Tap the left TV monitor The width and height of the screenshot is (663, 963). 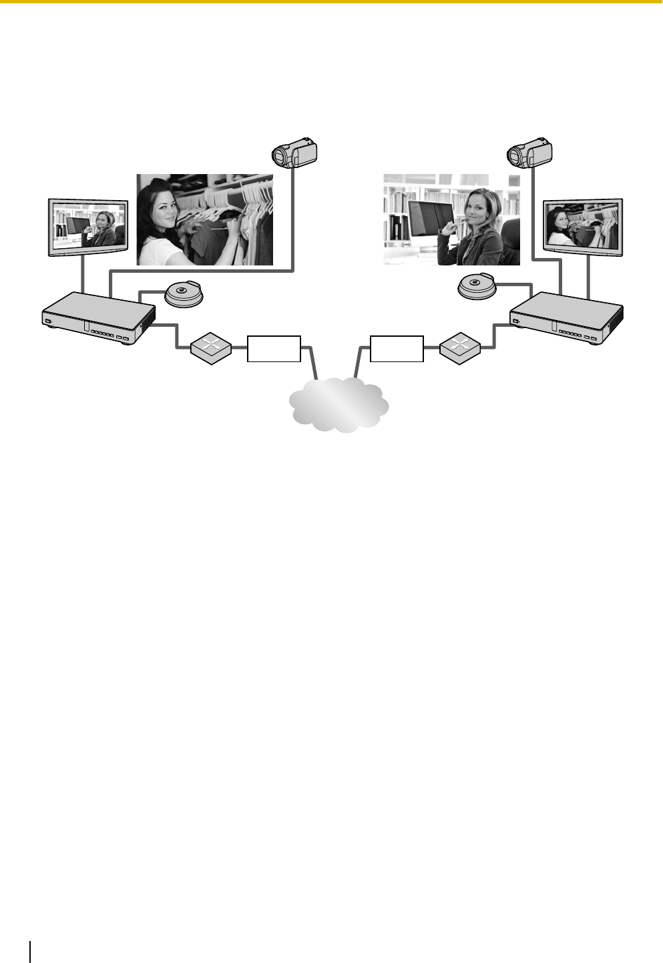pyautogui.click(x=87, y=227)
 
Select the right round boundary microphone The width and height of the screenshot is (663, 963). pyautogui.click(x=479, y=287)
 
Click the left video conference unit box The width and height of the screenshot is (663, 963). pyautogui.click(x=98, y=319)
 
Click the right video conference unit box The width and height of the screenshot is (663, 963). pyautogui.click(x=566, y=319)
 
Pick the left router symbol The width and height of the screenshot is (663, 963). pyautogui.click(x=211, y=347)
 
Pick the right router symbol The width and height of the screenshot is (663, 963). pyautogui.click(x=460, y=347)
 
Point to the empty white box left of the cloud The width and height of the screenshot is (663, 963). pyautogui.click(x=274, y=349)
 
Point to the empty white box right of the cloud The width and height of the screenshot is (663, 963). pyautogui.click(x=397, y=349)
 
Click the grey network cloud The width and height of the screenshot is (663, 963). pyautogui.click(x=339, y=403)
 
